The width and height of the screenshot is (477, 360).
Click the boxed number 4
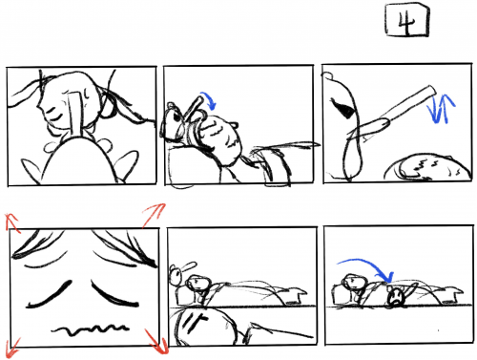point(407,20)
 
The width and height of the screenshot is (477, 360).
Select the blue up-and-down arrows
point(442,109)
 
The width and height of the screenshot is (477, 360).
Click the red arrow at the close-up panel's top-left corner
point(12,222)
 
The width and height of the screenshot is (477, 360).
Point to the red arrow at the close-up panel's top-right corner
point(154,215)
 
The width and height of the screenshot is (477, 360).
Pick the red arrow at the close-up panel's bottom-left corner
point(12,348)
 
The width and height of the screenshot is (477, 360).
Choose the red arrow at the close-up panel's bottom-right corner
point(156,342)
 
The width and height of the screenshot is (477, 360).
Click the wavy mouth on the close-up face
point(91,329)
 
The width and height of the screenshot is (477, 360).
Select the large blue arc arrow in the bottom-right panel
point(365,265)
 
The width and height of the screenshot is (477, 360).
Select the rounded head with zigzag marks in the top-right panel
point(428,168)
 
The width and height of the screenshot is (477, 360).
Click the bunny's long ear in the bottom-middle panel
point(189,266)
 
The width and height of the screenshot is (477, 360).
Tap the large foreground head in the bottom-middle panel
point(203,328)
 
